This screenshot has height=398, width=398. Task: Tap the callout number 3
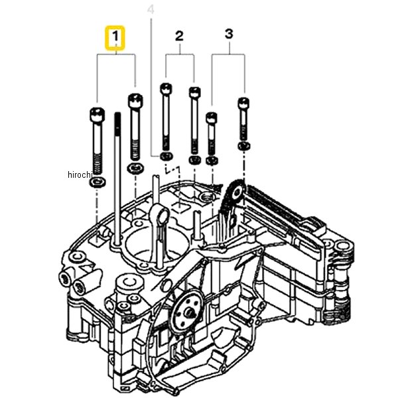click(228, 33)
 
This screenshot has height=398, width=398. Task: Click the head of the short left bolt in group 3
click(212, 118)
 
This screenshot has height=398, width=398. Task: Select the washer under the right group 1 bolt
click(136, 167)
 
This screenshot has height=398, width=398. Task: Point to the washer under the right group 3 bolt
click(243, 145)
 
